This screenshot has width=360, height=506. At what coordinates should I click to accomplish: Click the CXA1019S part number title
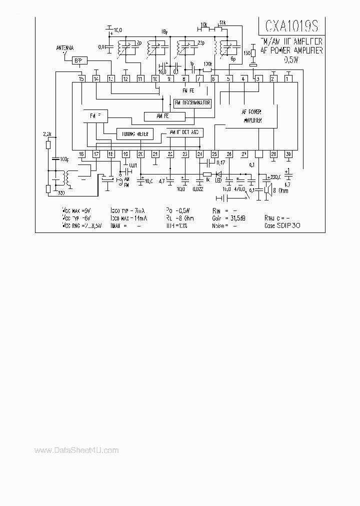coord(290,26)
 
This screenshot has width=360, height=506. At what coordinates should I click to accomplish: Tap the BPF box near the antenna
coord(78,60)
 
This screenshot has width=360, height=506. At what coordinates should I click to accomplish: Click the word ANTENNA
coord(65,48)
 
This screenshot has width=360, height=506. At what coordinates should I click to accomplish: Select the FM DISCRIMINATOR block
coord(192,103)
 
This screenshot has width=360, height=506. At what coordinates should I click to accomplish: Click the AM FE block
coord(164,116)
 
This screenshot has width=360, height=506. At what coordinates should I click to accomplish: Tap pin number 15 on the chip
coord(81,78)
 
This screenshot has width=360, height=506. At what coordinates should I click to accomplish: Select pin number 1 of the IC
coord(288,78)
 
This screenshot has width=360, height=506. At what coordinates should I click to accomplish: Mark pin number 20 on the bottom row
coord(140,154)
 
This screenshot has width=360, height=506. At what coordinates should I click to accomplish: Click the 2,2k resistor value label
coord(47,134)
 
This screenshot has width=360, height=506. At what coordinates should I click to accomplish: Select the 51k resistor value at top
coord(222,23)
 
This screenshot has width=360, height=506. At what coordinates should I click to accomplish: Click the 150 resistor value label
coord(246,52)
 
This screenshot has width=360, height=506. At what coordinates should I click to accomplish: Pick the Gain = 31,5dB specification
coord(237,218)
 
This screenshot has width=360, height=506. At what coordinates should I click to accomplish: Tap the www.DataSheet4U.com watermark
coord(76,450)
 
